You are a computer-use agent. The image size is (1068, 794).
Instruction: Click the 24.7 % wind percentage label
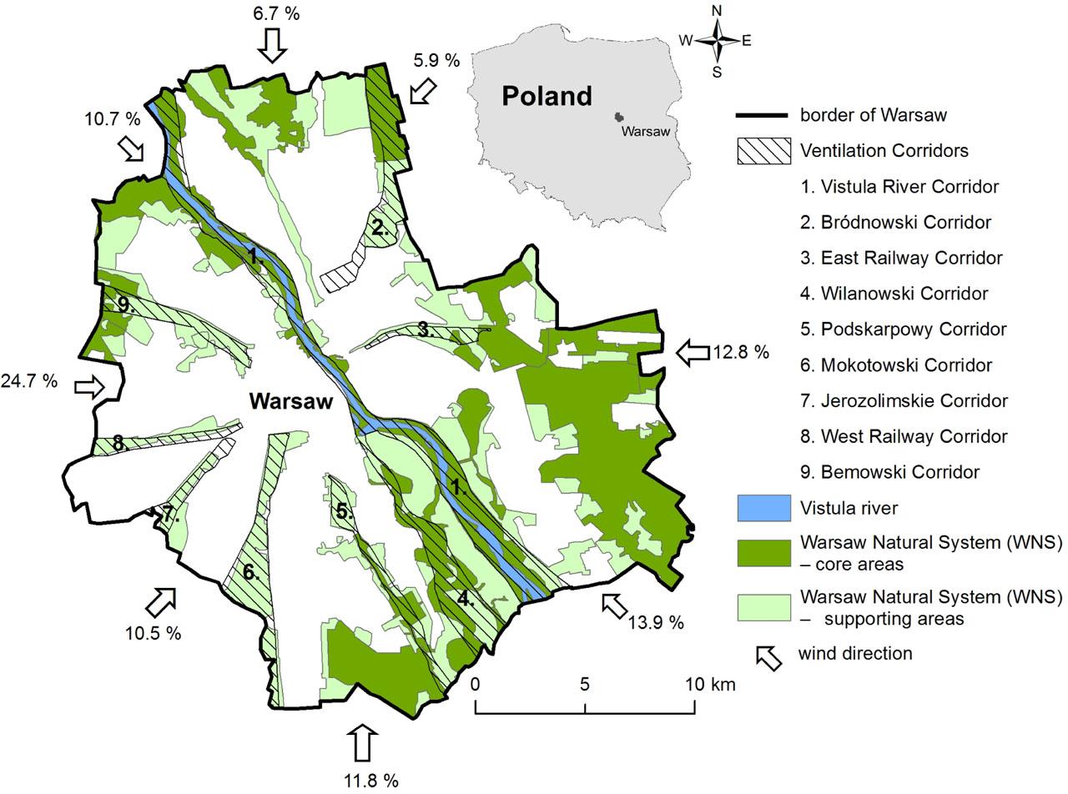tap(29, 381)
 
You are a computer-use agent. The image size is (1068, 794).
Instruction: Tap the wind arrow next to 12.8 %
tap(692, 352)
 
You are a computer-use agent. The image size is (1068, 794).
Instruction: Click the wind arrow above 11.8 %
tap(361, 741)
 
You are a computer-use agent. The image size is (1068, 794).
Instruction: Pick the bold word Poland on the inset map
tap(547, 96)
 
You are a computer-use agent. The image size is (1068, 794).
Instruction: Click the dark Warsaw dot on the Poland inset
tap(618, 118)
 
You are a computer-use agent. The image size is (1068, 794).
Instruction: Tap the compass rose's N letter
tap(716, 11)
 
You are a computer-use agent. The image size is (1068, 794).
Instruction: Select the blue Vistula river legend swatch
tap(763, 507)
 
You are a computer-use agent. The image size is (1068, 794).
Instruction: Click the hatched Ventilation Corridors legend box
tap(763, 150)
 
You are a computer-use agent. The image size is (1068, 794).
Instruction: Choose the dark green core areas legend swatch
tap(763, 552)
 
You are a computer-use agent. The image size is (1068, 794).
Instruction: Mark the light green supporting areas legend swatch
tap(763, 606)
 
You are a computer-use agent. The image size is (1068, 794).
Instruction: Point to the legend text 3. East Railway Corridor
tap(901, 258)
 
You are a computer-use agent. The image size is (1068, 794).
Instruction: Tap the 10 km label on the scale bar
tap(711, 685)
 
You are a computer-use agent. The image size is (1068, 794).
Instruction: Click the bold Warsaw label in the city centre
tap(290, 401)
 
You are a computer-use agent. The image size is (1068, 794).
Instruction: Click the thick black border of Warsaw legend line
tap(763, 115)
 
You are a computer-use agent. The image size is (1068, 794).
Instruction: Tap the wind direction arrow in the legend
tap(768, 656)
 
